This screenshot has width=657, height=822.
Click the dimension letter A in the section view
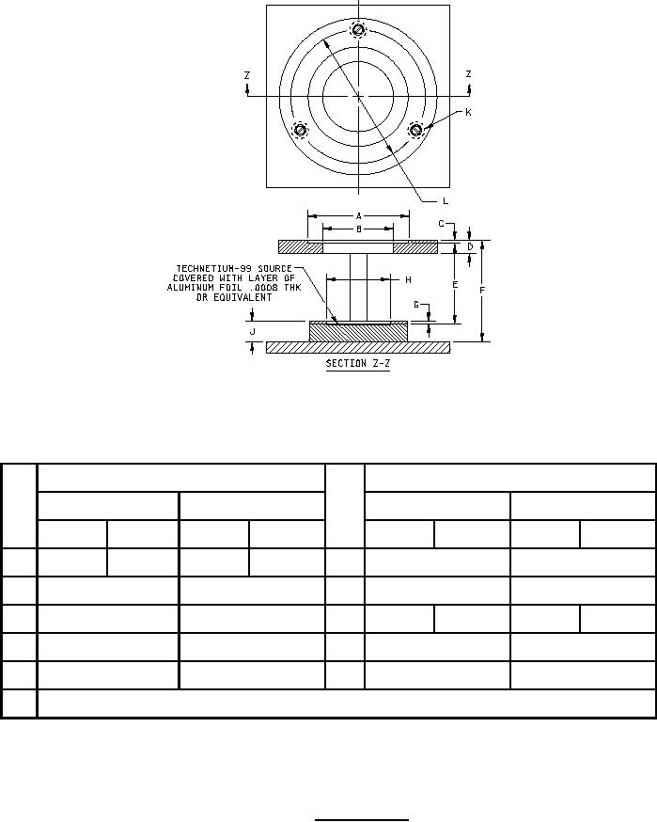click(x=359, y=216)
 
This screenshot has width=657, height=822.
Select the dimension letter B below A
click(x=359, y=229)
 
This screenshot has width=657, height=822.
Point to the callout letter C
click(x=441, y=224)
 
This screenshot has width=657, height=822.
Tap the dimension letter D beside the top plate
click(x=470, y=246)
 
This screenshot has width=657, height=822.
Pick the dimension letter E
click(x=455, y=285)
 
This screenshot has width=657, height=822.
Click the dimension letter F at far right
click(x=482, y=290)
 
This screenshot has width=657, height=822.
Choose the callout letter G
click(x=416, y=305)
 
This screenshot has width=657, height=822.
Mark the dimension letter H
click(x=408, y=280)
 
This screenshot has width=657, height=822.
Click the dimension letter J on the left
click(x=253, y=331)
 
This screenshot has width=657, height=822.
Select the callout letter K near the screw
click(x=468, y=112)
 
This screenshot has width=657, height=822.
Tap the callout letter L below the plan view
click(x=446, y=200)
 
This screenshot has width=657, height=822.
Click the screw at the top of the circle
click(x=358, y=30)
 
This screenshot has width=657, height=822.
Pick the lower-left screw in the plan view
click(x=300, y=130)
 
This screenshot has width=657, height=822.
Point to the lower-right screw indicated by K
click(x=416, y=129)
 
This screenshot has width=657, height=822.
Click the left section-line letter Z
click(x=247, y=75)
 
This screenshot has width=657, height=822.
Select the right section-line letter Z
click(x=468, y=74)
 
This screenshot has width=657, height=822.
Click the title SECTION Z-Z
click(x=358, y=363)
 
